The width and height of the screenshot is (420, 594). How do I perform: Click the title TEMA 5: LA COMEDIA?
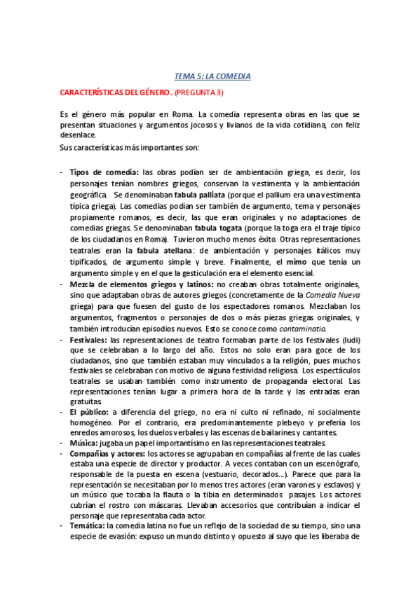212,76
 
